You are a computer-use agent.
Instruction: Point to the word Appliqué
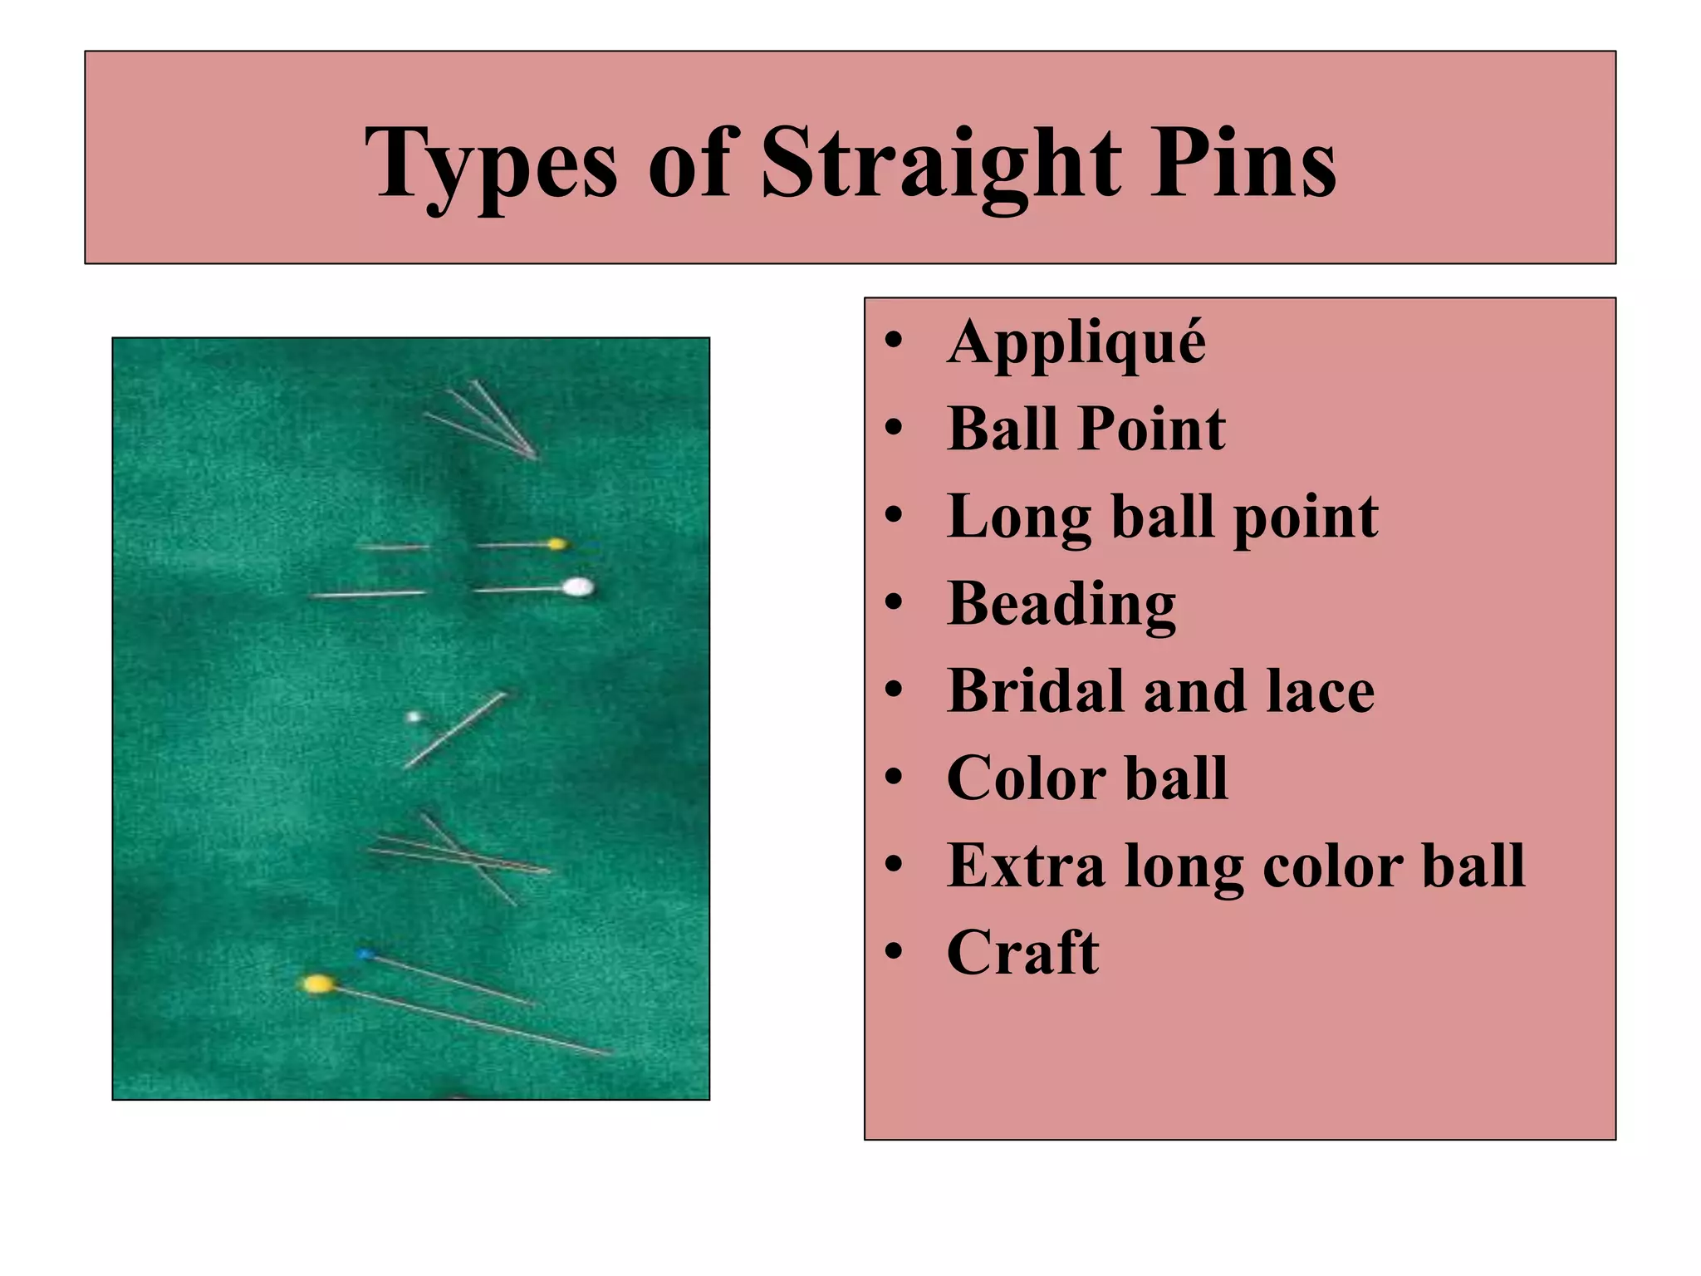(x=1076, y=342)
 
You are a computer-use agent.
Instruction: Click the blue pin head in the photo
(x=364, y=955)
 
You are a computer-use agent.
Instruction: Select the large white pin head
(x=577, y=587)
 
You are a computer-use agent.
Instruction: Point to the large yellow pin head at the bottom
(x=317, y=984)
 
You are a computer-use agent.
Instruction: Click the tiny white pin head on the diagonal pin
(x=413, y=716)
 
